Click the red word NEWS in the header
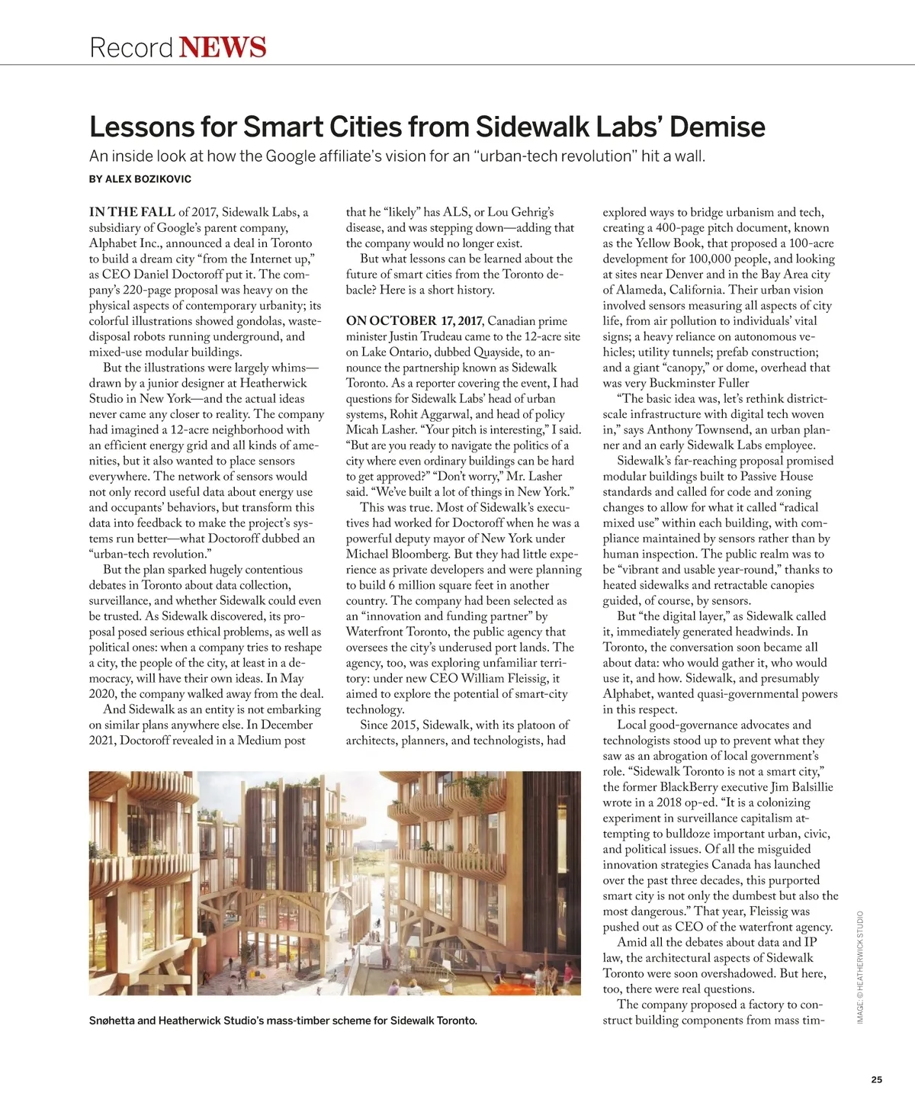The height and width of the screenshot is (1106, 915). [223, 47]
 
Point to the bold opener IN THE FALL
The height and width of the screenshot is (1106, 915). [132, 212]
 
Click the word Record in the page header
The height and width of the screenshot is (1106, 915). [131, 47]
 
